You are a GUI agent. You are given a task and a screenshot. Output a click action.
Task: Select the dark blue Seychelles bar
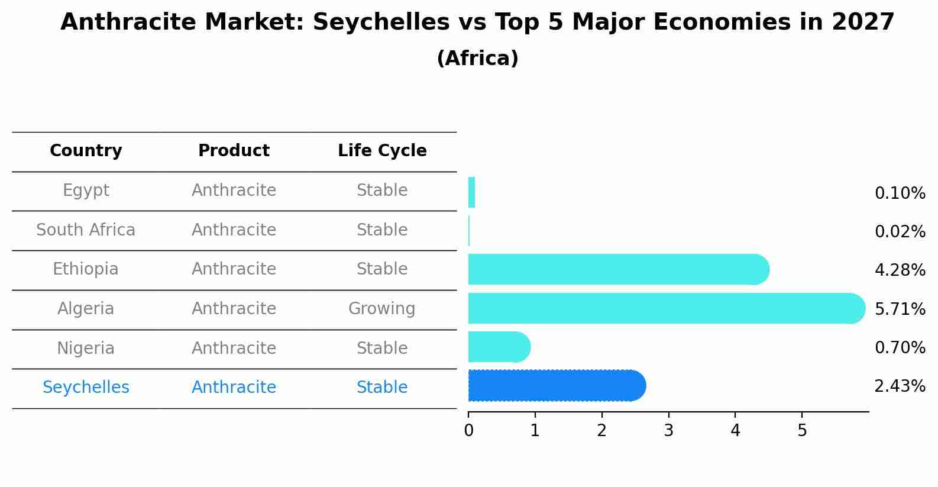coord(556,386)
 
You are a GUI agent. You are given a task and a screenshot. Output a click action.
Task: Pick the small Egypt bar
coord(471,193)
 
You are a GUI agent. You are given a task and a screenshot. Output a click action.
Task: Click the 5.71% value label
coord(900,309)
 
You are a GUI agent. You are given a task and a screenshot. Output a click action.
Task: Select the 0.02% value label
coord(900,231)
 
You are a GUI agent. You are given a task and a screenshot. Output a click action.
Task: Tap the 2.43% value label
coord(900,386)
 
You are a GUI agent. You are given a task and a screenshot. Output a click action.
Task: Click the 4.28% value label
coord(900,270)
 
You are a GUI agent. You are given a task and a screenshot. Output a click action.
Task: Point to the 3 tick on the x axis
coord(668,430)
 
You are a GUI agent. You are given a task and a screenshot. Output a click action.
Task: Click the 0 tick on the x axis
coord(468,430)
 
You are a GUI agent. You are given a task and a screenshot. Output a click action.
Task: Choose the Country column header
coord(86,151)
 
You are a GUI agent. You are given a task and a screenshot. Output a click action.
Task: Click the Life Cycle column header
coord(382,151)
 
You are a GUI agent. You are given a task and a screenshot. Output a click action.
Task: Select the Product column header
coord(234,151)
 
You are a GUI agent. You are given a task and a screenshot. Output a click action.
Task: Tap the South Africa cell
coord(86,230)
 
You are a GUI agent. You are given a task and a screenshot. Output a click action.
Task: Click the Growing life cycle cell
coord(381,308)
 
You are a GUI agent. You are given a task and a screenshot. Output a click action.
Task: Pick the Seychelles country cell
coord(86,387)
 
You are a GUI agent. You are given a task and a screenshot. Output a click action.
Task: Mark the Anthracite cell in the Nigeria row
coord(234,348)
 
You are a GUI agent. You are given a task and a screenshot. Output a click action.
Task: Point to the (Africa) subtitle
coord(477,59)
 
